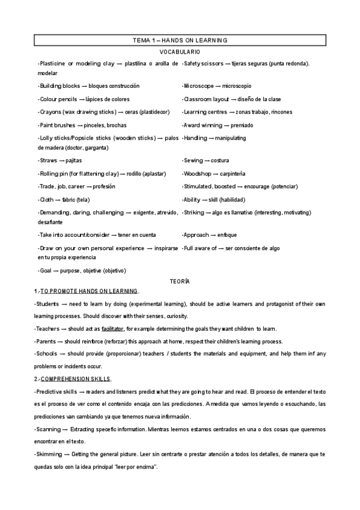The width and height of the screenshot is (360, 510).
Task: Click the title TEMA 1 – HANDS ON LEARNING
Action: pyautogui.click(x=180, y=40)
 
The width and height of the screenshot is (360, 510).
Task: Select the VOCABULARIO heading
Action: pyautogui.click(x=180, y=52)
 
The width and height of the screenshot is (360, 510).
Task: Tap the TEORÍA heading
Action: pyautogui.click(x=180, y=281)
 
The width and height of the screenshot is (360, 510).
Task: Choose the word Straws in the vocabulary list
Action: pyautogui.click(x=47, y=161)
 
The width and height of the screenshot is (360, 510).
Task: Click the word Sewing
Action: pyautogui.click(x=192, y=161)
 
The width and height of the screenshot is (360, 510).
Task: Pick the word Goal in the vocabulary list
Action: pyautogui.click(x=46, y=271)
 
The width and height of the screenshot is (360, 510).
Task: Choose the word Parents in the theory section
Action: pyautogui.click(x=49, y=342)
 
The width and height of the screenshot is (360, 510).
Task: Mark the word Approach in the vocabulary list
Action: pyautogui.click(x=197, y=235)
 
